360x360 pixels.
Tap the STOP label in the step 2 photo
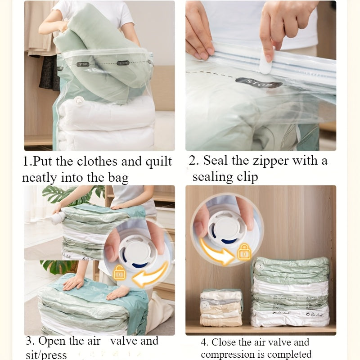click(259, 83)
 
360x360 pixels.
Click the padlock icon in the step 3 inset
click(119, 273)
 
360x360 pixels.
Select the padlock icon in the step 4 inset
click(244, 252)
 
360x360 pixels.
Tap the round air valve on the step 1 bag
click(79, 100)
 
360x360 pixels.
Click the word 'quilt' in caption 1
click(159, 162)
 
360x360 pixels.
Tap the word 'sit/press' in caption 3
click(46, 355)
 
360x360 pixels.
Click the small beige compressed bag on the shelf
click(221, 308)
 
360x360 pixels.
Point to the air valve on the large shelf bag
click(258, 265)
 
